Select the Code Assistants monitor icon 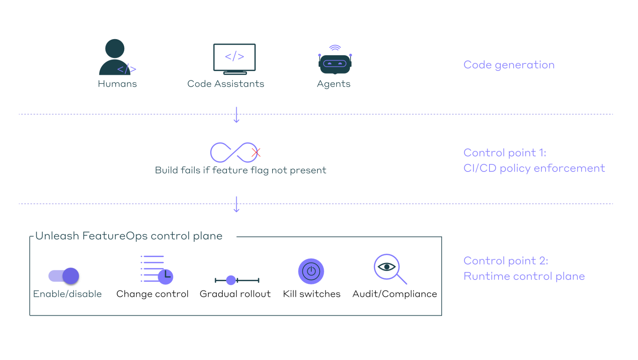point(235,59)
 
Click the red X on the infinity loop point(256,153)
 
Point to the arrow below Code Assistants point(236,115)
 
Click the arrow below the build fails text point(236,204)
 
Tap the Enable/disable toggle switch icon point(64,276)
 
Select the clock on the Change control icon point(166,276)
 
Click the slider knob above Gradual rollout point(231,280)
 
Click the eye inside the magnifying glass point(386,267)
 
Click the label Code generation point(509,65)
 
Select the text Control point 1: point(504,153)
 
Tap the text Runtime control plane point(524,276)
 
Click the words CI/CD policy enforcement point(534,168)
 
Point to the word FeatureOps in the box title point(115,236)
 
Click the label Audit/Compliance point(394,294)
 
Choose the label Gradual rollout point(235,294)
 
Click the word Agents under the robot point(334,84)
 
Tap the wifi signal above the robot point(335,48)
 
